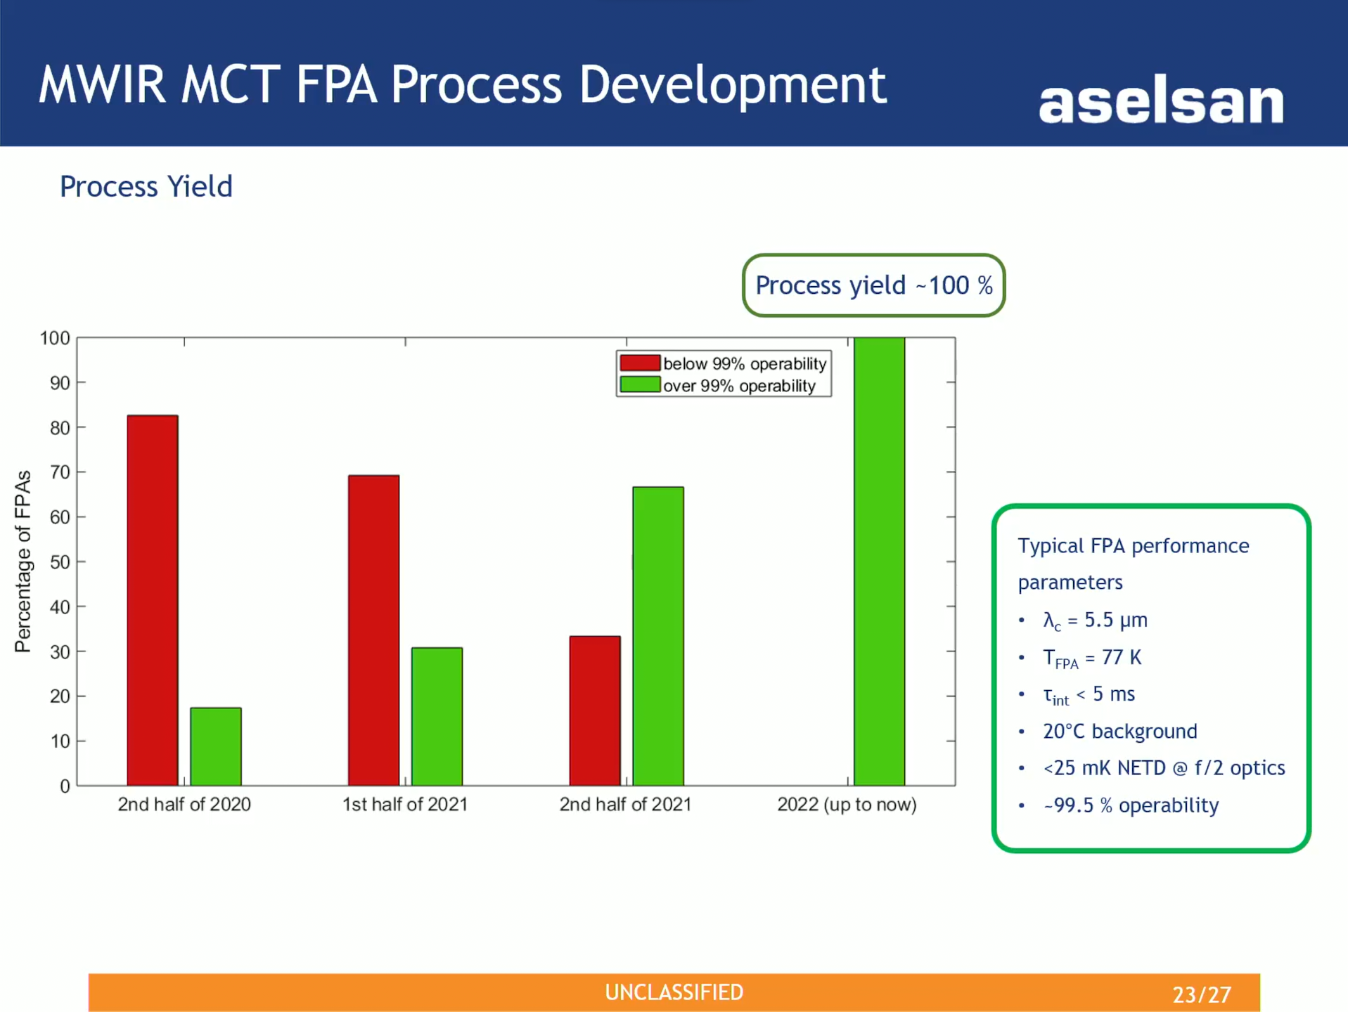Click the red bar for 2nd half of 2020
point(153,600)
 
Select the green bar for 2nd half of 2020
point(216,746)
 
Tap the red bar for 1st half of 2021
point(373,630)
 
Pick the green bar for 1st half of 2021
point(437,716)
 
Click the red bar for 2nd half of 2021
point(595,711)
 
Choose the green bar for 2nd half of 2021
point(658,636)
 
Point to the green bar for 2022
point(879,562)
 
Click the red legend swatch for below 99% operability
point(640,363)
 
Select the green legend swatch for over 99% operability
point(640,385)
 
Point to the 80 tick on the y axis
point(60,427)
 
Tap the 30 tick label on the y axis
point(60,651)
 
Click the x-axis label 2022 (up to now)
point(847,804)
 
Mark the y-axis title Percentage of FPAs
point(23,562)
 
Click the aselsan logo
point(1161,103)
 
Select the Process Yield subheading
point(146,187)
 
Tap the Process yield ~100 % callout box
point(873,285)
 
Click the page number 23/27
point(1202,994)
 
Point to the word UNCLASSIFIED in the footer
point(674,992)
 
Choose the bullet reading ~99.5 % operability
point(1131,805)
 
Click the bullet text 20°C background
point(1119,732)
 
